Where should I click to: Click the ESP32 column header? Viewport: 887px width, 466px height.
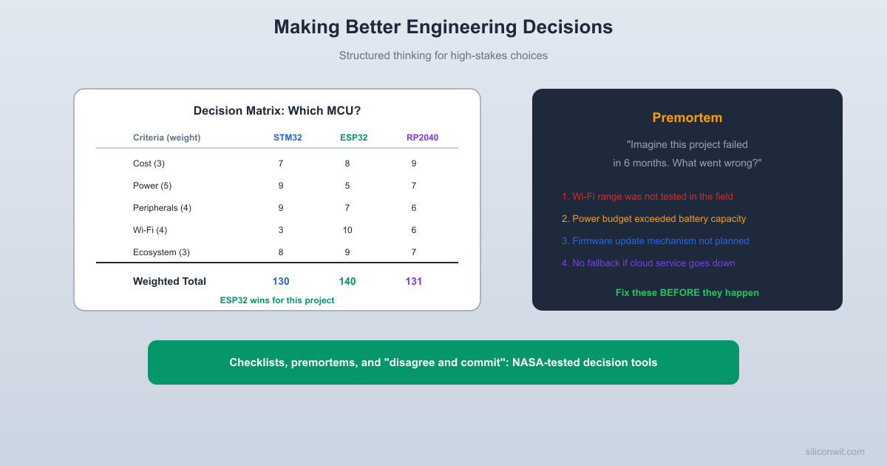[x=353, y=138]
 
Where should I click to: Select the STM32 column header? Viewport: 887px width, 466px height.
[x=288, y=138]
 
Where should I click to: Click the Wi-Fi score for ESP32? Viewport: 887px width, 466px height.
[x=347, y=230]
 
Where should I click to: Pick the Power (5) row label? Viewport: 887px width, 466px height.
[x=152, y=186]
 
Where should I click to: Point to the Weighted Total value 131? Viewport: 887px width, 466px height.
[x=414, y=281]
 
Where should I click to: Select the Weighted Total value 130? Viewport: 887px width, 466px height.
[x=281, y=281]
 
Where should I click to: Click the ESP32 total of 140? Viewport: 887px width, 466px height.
[x=347, y=281]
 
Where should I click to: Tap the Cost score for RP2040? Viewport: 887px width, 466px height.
[x=414, y=163]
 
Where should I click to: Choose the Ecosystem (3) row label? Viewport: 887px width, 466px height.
[x=161, y=252]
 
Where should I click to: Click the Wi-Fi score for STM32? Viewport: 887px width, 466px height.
[x=281, y=230]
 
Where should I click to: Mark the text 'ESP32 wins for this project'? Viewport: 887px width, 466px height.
[x=277, y=300]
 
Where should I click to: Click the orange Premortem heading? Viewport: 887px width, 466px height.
[x=687, y=118]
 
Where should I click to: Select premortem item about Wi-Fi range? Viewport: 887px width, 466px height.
[x=648, y=197]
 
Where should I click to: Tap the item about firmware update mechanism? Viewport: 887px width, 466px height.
[x=655, y=241]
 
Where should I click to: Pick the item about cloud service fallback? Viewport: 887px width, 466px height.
[x=648, y=263]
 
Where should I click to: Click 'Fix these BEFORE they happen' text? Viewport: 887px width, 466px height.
[x=687, y=293]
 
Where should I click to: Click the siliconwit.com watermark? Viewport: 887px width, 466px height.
[x=835, y=452]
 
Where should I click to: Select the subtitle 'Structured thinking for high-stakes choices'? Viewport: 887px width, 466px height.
[x=443, y=55]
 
